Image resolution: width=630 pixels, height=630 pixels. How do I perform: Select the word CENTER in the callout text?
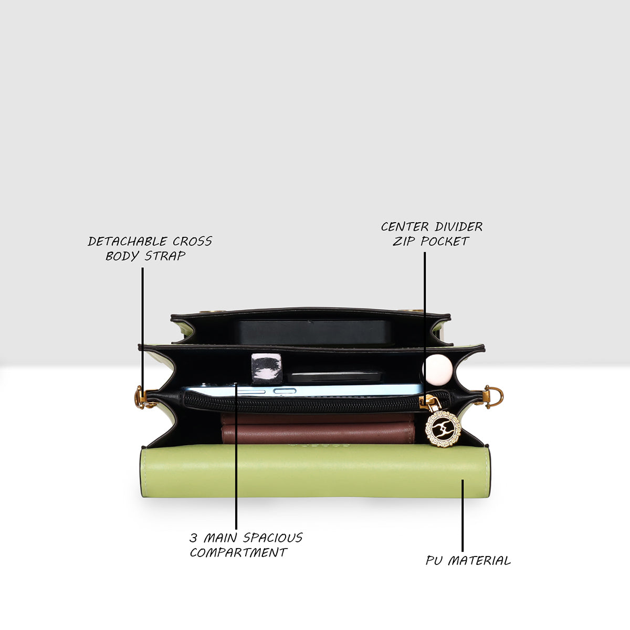(405, 227)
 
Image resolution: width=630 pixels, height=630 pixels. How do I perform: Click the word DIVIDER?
(459, 227)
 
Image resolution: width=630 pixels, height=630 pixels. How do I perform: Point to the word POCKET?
(445, 241)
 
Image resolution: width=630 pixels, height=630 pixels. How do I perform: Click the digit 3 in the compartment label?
(194, 538)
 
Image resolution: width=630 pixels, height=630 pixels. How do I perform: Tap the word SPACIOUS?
(273, 538)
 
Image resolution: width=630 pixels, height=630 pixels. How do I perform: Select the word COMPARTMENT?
(238, 552)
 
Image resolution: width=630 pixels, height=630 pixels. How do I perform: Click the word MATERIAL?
(479, 561)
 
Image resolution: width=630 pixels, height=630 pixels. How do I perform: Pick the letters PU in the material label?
(434, 561)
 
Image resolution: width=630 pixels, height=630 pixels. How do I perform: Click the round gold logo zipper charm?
(443, 428)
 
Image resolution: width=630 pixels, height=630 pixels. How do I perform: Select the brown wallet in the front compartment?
(318, 428)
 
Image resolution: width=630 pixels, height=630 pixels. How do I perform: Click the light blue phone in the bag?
(302, 391)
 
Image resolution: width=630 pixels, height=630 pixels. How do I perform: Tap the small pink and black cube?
(267, 369)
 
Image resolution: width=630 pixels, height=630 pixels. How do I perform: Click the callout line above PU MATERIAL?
(463, 516)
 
